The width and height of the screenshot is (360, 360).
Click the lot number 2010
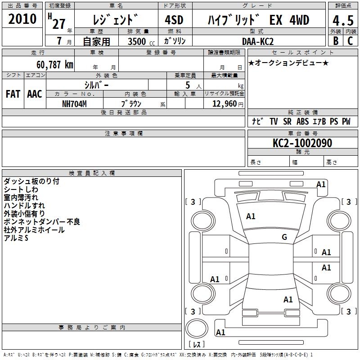coord(22,19)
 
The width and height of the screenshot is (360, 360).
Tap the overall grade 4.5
coord(343,21)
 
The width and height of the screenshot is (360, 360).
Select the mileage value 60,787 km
coord(54,64)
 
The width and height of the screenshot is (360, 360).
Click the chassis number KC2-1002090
coord(302,143)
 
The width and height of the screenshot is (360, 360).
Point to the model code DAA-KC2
coord(257,41)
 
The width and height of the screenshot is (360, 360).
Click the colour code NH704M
coord(74,104)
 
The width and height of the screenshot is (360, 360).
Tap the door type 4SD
coord(174,20)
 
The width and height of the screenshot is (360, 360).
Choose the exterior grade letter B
coord(336,41)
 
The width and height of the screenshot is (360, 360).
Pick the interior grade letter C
coord(350,41)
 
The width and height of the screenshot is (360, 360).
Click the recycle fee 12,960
coord(224,104)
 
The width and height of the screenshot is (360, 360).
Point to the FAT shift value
coord(13,94)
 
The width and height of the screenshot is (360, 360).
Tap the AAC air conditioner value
coord(35,94)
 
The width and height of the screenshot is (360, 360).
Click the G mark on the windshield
coord(284,237)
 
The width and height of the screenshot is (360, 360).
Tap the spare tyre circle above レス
coord(197,328)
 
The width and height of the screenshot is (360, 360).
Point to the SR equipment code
coord(287,121)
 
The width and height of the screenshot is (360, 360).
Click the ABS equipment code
coord(302,121)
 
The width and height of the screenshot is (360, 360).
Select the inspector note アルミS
coord(16,238)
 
